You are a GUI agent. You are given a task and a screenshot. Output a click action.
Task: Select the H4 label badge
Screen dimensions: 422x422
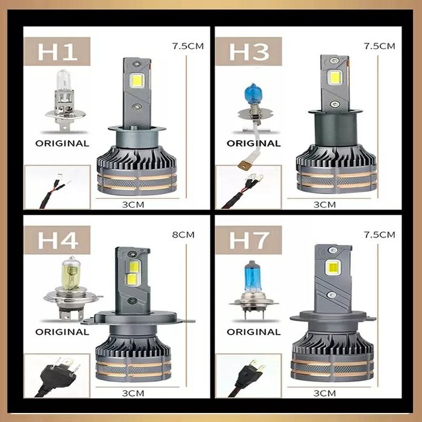[57, 241]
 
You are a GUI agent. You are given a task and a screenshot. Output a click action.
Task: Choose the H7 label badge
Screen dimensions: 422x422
[248, 241]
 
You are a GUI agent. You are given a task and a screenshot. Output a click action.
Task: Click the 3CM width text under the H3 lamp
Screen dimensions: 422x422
[324, 204]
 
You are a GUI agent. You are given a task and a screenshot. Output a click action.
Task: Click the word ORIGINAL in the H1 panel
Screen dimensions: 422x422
[62, 143]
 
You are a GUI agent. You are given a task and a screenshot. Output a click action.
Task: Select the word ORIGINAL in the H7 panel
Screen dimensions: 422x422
[254, 332]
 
